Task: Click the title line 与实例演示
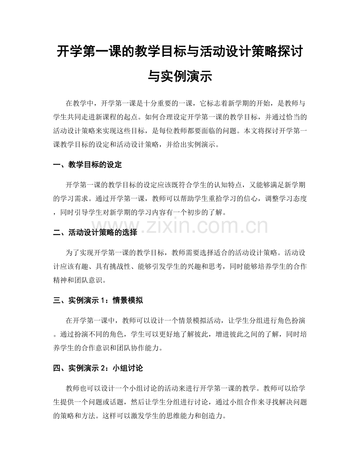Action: (180, 76)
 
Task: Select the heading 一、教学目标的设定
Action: (87, 165)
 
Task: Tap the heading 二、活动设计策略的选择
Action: (95, 233)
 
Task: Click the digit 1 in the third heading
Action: (103, 301)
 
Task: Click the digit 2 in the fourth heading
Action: (103, 369)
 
